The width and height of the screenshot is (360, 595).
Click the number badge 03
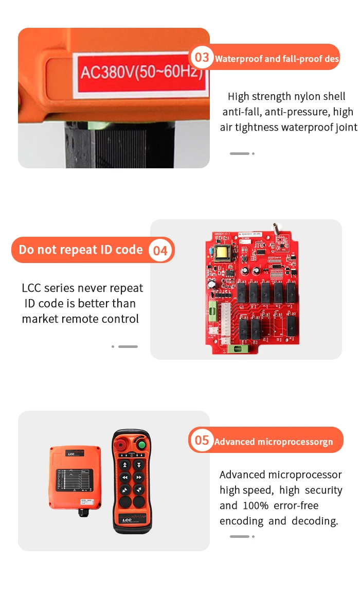(202, 57)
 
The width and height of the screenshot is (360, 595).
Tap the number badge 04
(160, 251)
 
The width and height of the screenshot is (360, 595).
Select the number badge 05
(202, 440)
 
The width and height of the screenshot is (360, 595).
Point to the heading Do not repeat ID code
(81, 250)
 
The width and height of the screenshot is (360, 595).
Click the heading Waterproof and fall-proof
(277, 58)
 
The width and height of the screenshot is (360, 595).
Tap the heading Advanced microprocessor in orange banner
(274, 442)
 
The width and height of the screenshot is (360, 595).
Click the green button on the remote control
(141, 444)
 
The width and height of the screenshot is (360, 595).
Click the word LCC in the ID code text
(32, 288)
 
